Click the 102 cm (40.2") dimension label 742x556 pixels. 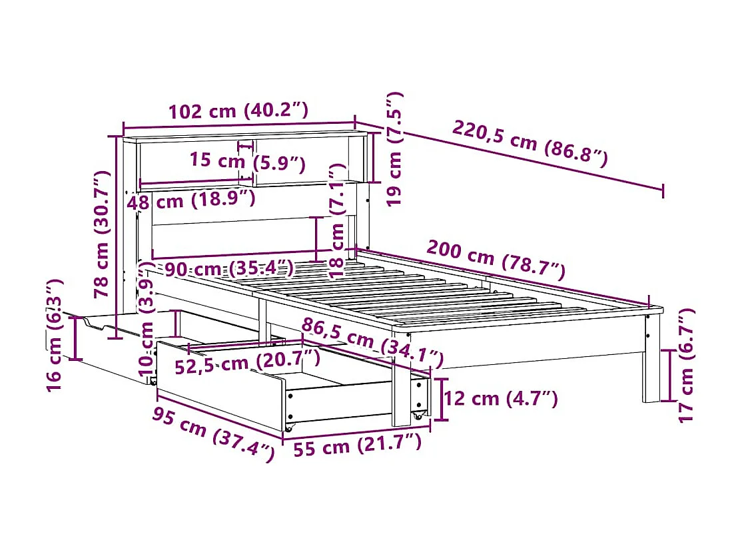[x=238, y=111]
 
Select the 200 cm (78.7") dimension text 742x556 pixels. [x=496, y=260]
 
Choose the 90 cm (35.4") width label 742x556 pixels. [x=229, y=269]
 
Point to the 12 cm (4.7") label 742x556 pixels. [x=500, y=399]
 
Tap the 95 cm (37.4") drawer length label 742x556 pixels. [x=212, y=435]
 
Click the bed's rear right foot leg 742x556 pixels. [x=651, y=360]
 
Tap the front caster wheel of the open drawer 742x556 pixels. [x=288, y=426]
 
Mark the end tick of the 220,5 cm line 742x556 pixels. [x=663, y=190]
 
